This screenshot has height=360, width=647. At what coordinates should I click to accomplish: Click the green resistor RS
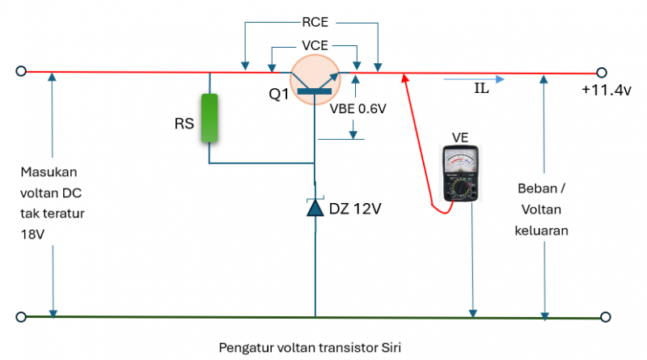point(210,119)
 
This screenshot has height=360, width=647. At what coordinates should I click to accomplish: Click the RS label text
point(184,125)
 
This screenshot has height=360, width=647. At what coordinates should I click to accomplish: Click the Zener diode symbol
point(315,208)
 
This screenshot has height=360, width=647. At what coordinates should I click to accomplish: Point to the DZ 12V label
point(355,209)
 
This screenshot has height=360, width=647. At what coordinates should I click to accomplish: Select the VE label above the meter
point(460,137)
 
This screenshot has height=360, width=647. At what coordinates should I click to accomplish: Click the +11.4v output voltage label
point(606,91)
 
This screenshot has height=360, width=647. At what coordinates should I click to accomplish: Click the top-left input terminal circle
point(21,71)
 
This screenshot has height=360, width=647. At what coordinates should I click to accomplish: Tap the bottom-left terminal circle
point(21,316)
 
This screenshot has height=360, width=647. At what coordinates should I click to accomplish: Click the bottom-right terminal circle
point(601,316)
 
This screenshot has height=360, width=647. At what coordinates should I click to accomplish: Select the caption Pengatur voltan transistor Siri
point(310,347)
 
